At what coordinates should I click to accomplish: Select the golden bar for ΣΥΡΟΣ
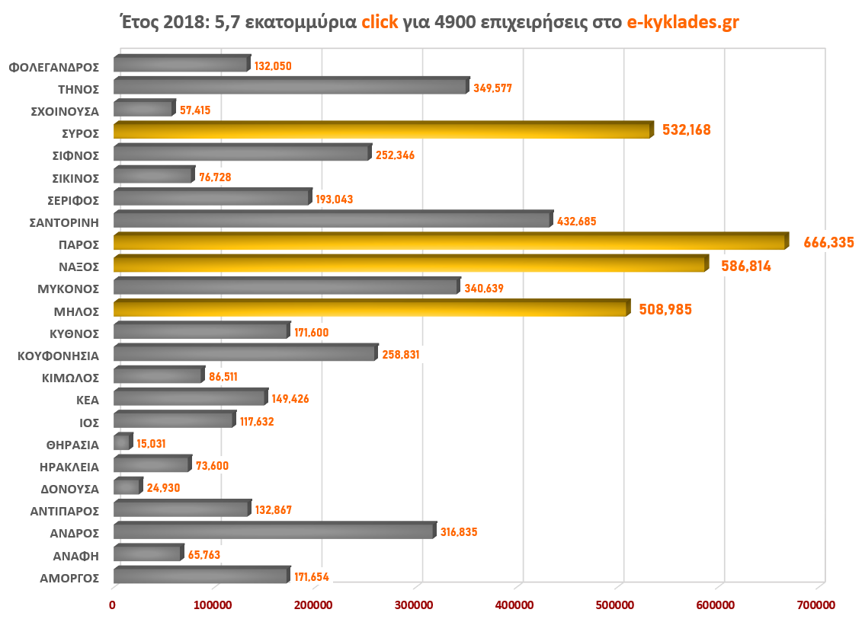click(x=381, y=131)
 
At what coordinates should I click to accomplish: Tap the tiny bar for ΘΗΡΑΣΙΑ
click(x=122, y=442)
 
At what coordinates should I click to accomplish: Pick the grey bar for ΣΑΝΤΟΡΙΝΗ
click(x=332, y=220)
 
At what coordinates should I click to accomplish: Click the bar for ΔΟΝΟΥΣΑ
click(x=127, y=487)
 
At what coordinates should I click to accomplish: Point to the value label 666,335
click(x=828, y=243)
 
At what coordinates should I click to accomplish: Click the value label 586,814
click(x=746, y=266)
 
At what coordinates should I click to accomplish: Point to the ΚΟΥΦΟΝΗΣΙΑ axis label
click(x=59, y=355)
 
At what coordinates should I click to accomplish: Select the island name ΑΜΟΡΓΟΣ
click(x=69, y=578)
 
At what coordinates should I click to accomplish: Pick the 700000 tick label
click(x=816, y=605)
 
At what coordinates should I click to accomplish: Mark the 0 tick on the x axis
click(x=113, y=605)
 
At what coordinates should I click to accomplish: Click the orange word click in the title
click(x=380, y=22)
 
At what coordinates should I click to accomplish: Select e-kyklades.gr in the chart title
click(x=682, y=22)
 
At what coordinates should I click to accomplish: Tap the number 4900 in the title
click(x=455, y=22)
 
